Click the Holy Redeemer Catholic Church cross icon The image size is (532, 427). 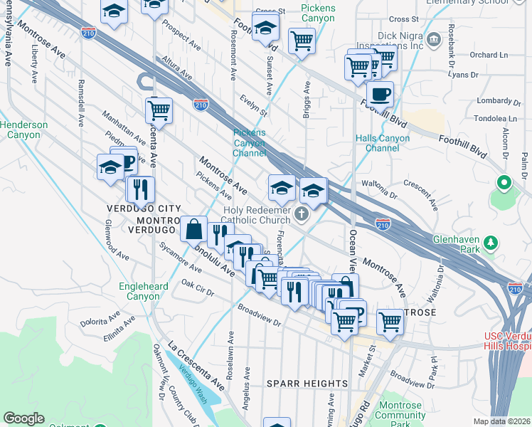click(302, 214)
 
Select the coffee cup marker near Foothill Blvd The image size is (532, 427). click(380, 94)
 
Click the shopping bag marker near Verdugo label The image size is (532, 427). click(194, 229)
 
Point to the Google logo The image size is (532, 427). click(23, 418)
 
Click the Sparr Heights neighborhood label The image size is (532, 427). click(307, 384)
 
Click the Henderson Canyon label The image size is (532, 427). click(24, 130)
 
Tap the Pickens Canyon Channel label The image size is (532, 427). click(249, 142)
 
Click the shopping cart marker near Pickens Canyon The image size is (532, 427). click(302, 41)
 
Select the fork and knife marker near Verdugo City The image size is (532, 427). click(140, 189)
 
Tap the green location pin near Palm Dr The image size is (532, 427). click(504, 184)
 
